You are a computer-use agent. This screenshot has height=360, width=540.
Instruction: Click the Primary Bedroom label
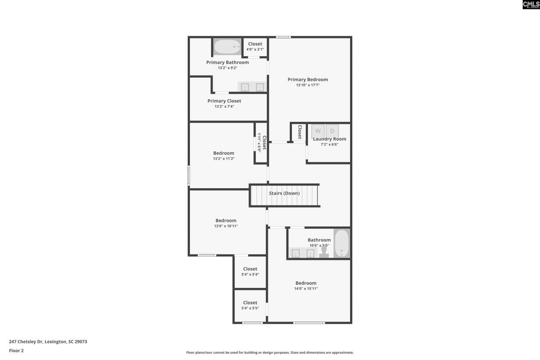pos(308,79)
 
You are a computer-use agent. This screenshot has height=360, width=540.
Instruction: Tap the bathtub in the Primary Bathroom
pos(227,46)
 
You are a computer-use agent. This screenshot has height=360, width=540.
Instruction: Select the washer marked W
pos(318,131)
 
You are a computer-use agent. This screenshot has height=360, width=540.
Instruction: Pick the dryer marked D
pos(332,131)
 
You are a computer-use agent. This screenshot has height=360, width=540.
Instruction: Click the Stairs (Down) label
pos(284,193)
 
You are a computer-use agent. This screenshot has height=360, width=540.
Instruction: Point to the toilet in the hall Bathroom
pos(324,252)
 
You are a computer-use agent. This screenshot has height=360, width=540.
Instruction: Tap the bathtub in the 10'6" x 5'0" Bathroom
pos(342,244)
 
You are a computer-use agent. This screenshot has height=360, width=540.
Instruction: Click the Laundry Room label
pos(329,139)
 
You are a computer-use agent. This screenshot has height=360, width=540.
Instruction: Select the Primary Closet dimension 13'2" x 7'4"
pos(224,106)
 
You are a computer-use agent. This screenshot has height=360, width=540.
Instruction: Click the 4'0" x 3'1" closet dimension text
pos(255,49)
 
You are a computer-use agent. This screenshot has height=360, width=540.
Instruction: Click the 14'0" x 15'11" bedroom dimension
pos(306,289)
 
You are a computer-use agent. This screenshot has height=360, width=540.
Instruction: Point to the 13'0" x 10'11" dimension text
pos(226,226)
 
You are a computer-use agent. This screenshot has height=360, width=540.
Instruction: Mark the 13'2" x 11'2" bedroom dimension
pos(224,159)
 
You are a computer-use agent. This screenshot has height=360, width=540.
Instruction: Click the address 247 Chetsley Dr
pos(48,341)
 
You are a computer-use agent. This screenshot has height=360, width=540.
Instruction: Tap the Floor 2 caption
pos(16,350)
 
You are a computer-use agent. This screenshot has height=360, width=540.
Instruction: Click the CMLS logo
pos(531,5)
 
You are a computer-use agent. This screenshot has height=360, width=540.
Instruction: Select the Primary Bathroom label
pos(227,62)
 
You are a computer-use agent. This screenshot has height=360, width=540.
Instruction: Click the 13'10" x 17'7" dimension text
pos(308,85)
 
